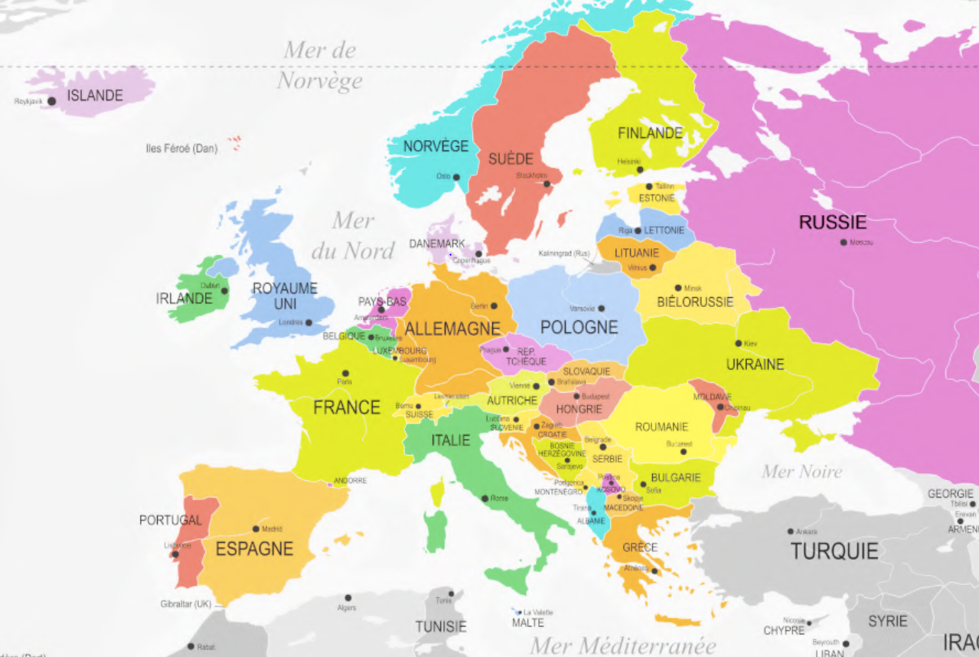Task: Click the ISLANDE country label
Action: tap(95, 96)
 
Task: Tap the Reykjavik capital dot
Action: tap(52, 101)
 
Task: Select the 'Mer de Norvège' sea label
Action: tap(320, 65)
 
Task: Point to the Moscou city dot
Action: tap(844, 242)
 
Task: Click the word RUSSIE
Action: tap(833, 223)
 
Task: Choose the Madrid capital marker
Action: tap(256, 528)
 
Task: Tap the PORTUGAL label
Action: tap(170, 520)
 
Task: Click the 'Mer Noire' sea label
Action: tap(801, 471)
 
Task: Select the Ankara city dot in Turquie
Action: tap(791, 531)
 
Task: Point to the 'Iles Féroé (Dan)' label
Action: tap(181, 149)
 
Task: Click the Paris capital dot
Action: tap(345, 374)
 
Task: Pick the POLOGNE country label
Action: tap(579, 327)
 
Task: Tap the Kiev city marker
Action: tap(739, 343)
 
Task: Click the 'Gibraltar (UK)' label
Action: tap(186, 603)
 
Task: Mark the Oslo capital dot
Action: tap(456, 177)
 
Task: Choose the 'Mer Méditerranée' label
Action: tap(623, 645)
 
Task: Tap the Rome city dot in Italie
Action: tap(485, 498)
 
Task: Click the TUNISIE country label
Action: tap(441, 626)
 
